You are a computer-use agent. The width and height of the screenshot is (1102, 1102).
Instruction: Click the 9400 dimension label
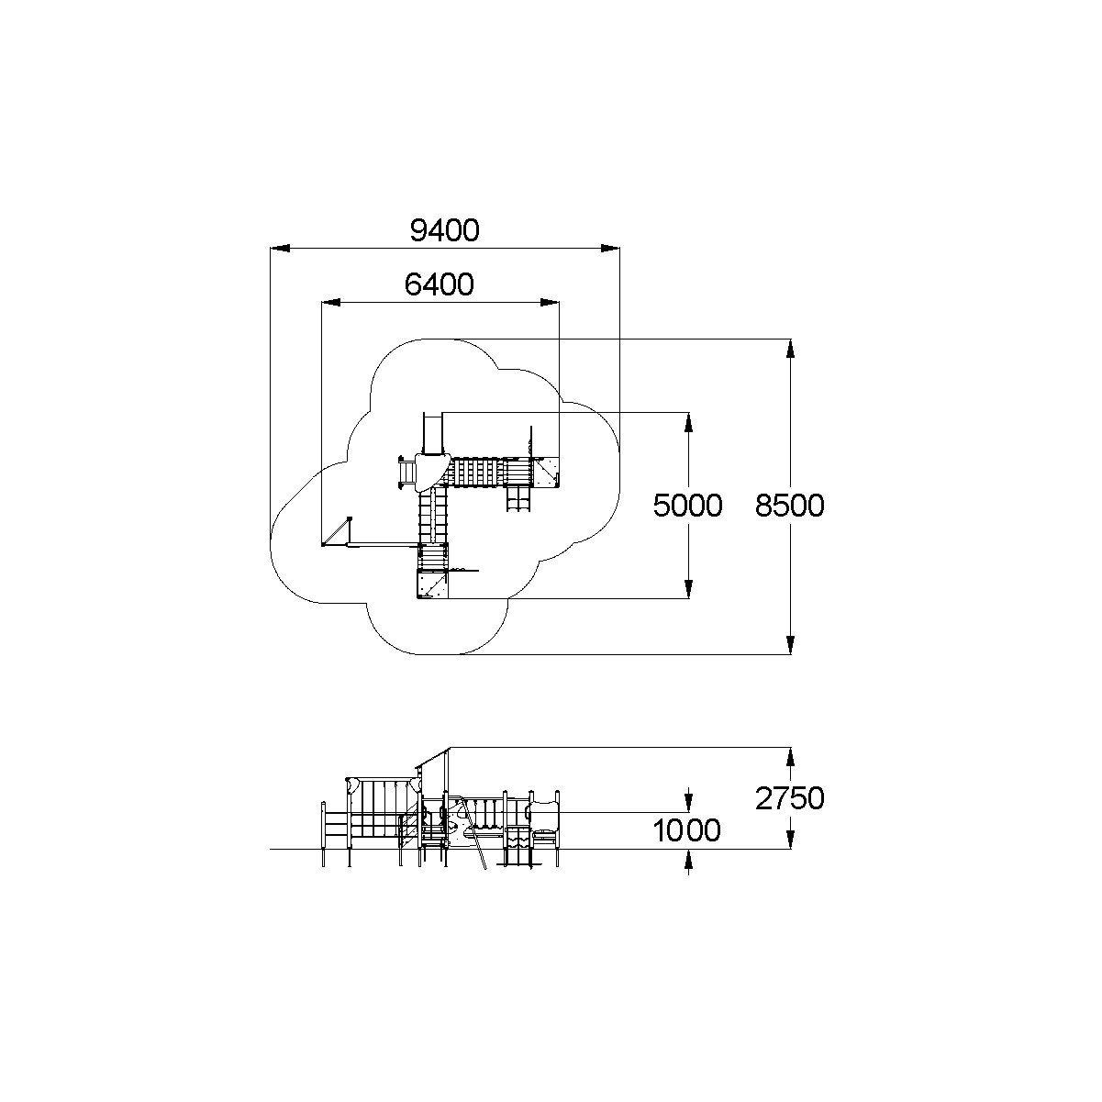pos(444,230)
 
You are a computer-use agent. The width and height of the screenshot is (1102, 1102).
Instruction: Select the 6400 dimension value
pos(440,285)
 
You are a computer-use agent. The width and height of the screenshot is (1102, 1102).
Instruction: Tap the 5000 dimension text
pos(687,505)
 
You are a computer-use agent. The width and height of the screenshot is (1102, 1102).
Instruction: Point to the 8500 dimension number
pos(790,505)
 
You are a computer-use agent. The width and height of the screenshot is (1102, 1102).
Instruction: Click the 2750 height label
pos(790,798)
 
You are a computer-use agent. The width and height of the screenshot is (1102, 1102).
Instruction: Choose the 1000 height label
pos(687,831)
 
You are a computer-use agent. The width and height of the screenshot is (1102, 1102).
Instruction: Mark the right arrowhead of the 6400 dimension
pos(550,302)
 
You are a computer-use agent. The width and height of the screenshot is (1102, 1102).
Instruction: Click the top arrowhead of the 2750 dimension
pos(790,756)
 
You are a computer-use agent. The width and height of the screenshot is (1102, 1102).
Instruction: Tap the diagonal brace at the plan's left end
pos(338,531)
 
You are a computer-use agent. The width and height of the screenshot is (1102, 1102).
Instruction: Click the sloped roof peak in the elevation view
pos(447,749)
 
